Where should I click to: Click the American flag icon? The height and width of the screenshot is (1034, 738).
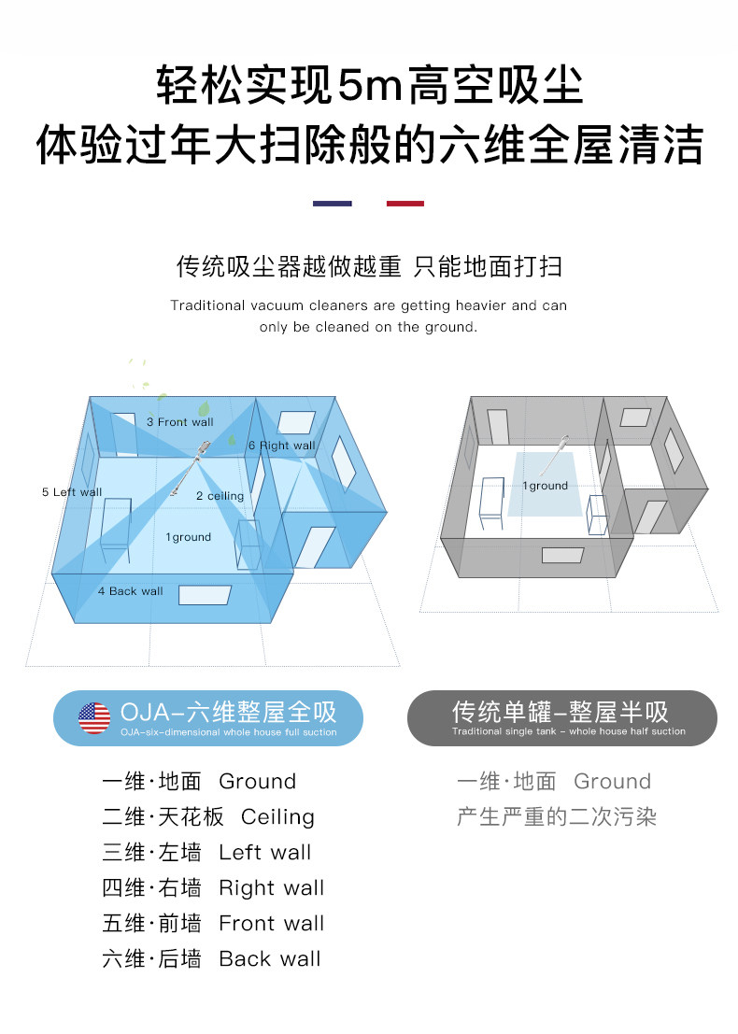coord(94,718)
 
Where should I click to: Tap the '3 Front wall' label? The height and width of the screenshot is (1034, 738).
coord(180,422)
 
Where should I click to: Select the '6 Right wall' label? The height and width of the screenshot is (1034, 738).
coord(281,446)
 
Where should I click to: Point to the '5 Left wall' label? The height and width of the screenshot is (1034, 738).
coord(72,492)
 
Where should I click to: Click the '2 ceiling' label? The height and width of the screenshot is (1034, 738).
coord(220,496)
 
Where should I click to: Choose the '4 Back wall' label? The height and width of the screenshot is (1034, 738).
coord(130,591)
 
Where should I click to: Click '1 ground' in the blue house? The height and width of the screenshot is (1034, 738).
coord(189,537)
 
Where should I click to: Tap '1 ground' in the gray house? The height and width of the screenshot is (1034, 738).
coord(546,486)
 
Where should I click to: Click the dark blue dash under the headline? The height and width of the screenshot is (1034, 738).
coord(333,204)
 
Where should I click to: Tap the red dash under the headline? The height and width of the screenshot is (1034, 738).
coord(405,204)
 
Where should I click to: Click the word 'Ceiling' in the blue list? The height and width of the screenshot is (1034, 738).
coord(277,817)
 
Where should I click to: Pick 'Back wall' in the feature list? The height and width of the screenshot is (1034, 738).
coord(270,959)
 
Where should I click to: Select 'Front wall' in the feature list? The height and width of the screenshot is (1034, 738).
coord(271,923)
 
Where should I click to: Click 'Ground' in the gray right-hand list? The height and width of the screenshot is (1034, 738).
coord(612,782)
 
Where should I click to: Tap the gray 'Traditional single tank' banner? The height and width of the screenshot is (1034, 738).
coord(562,718)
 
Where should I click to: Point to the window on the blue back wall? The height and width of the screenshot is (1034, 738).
coord(206,595)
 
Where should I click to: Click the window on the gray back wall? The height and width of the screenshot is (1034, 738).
coord(562,555)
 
